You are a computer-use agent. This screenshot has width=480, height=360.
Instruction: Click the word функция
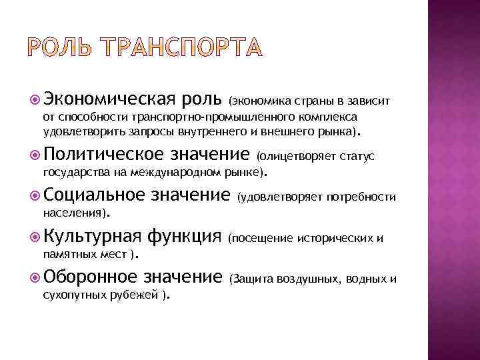[x=184, y=237]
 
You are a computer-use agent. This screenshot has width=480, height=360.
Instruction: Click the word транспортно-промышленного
[x=187, y=117]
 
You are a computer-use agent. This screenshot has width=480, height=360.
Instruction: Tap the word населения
[x=69, y=214]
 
